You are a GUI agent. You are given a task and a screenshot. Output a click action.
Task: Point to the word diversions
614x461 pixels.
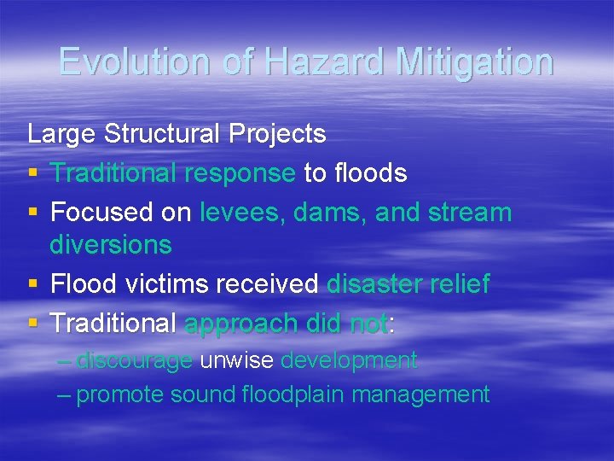point(111,245)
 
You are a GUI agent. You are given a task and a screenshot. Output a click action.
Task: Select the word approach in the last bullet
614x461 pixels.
point(240,324)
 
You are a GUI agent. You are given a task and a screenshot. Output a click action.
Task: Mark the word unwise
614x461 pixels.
point(236,361)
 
